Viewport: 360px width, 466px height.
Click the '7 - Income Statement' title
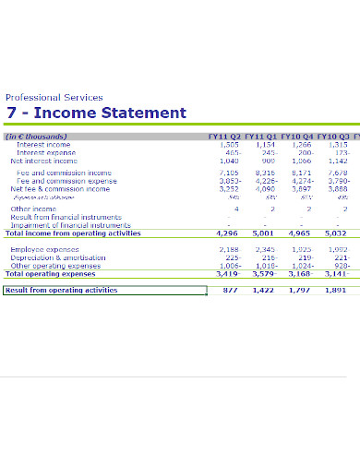[96, 114]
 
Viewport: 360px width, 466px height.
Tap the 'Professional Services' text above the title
[54, 97]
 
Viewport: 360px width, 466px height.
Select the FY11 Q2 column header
[225, 137]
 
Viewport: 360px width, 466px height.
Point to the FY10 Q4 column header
[297, 137]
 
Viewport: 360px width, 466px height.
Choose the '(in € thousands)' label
[36, 137]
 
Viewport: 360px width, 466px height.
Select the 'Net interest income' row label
[43, 161]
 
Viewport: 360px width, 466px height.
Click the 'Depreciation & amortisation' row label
[58, 257]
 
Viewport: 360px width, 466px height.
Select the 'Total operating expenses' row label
[51, 274]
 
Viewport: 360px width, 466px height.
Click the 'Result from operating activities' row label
[61, 290]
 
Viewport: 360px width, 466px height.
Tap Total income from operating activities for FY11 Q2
[227, 233]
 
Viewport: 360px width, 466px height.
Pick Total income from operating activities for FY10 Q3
[335, 233]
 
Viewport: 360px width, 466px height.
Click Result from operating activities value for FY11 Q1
[263, 290]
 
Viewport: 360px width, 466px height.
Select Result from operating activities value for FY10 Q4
[299, 290]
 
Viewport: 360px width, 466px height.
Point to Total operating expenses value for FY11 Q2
[227, 274]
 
